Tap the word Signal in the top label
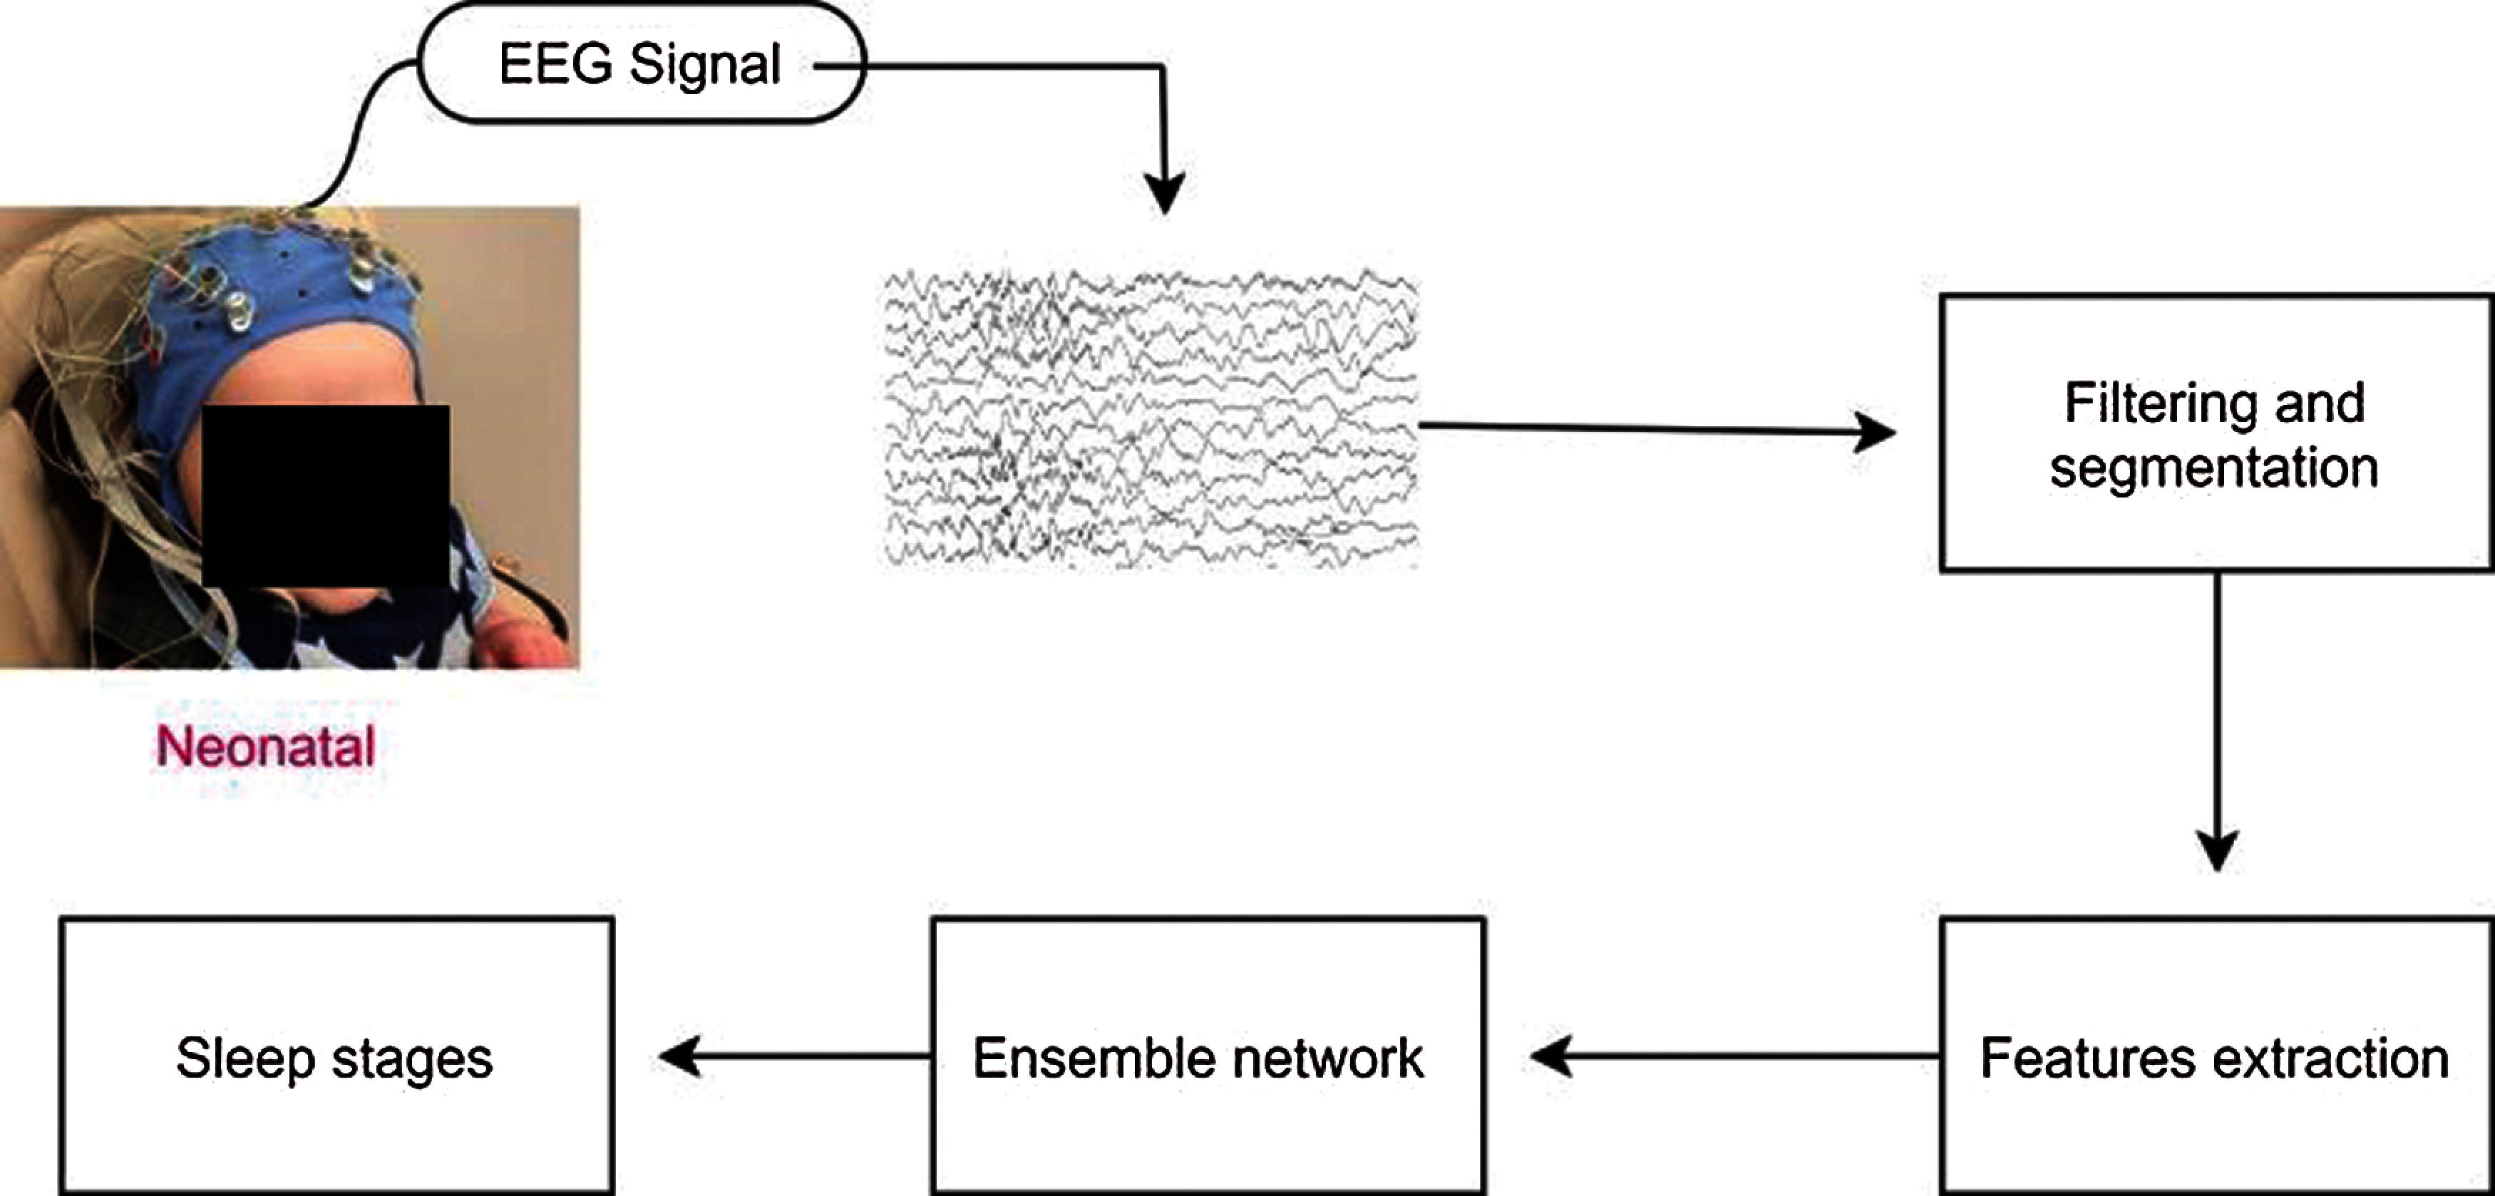point(704,66)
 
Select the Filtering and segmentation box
point(2215,433)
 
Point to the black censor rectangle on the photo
point(326,495)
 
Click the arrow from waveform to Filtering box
point(1656,428)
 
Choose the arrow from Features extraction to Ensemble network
point(1734,1056)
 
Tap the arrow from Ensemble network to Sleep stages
point(794,1056)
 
